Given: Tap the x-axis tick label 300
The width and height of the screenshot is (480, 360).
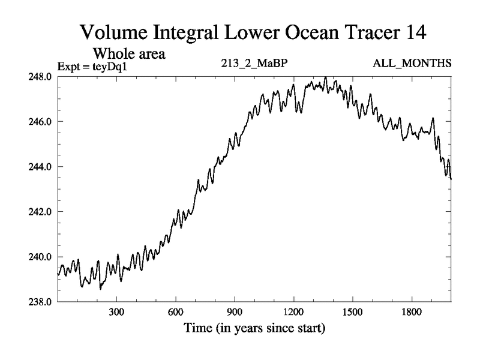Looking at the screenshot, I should pyautogui.click(x=116, y=314).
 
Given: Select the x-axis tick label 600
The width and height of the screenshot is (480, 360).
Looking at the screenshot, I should pyautogui.click(x=175, y=314).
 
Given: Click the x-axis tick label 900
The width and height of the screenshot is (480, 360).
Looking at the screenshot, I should pyautogui.click(x=235, y=314).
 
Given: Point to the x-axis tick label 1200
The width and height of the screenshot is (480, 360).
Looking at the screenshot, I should pyautogui.click(x=293, y=314).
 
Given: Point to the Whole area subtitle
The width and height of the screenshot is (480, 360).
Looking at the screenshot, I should pyautogui.click(x=128, y=54).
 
